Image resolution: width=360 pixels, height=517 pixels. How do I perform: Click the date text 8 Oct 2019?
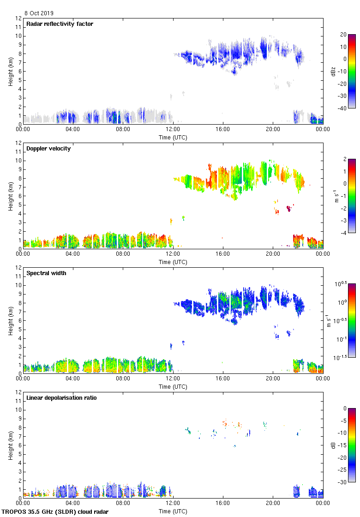tap(39, 13)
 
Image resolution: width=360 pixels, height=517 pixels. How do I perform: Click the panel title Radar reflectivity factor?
tap(60, 24)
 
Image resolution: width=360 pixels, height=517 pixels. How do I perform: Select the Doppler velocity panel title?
tap(48, 149)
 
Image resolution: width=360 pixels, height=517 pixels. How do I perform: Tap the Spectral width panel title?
tap(46, 273)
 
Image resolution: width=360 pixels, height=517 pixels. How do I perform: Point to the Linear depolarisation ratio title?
tap(61, 398)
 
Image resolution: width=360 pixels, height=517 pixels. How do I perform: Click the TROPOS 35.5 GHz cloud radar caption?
tap(55, 512)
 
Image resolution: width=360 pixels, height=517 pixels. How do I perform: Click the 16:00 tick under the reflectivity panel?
tap(223, 130)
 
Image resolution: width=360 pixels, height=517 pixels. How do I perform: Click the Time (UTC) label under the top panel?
tap(173, 137)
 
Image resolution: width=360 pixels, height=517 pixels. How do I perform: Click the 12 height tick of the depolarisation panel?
tap(18, 392)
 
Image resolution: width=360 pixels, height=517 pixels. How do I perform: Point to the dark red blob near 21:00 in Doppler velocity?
tap(289, 209)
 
